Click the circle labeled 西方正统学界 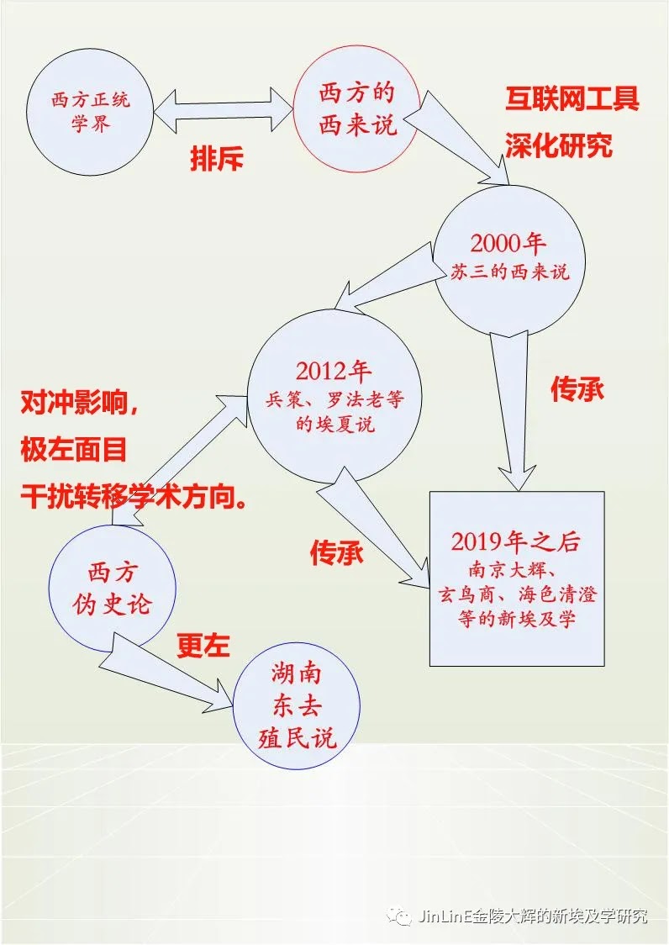91,113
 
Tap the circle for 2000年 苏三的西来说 508,256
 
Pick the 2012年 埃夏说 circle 334,397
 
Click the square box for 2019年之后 516,578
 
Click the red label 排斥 216,159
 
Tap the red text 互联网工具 572,98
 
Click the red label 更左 203,644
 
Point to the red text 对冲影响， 79,404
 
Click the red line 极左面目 74,450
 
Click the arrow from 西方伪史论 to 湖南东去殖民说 168,666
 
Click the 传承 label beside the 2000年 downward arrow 577,388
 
